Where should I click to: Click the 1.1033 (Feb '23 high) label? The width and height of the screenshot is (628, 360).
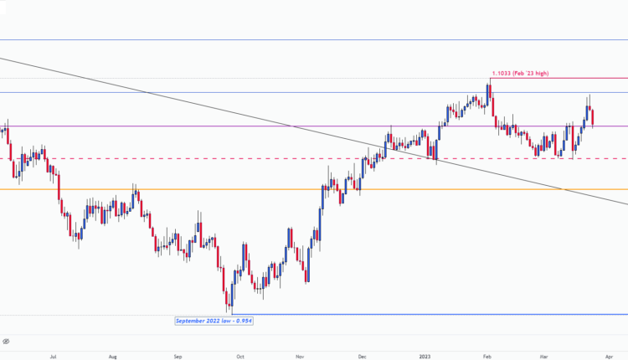(x=520, y=74)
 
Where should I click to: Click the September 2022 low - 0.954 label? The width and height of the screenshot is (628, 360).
(x=214, y=321)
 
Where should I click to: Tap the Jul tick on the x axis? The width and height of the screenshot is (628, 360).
(x=53, y=355)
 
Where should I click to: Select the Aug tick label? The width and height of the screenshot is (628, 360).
(x=112, y=355)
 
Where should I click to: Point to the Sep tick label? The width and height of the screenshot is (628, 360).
(x=178, y=355)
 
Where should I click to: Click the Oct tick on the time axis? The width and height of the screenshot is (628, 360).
(x=239, y=355)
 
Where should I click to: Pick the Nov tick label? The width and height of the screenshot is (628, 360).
(x=299, y=355)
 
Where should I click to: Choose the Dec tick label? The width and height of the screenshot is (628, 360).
(x=362, y=355)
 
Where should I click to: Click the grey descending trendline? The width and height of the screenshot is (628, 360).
(x=209, y=105)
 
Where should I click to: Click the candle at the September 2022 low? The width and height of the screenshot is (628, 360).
(x=230, y=301)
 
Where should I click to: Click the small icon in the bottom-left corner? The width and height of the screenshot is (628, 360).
(x=6, y=342)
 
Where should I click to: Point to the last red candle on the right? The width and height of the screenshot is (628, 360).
(x=593, y=118)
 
